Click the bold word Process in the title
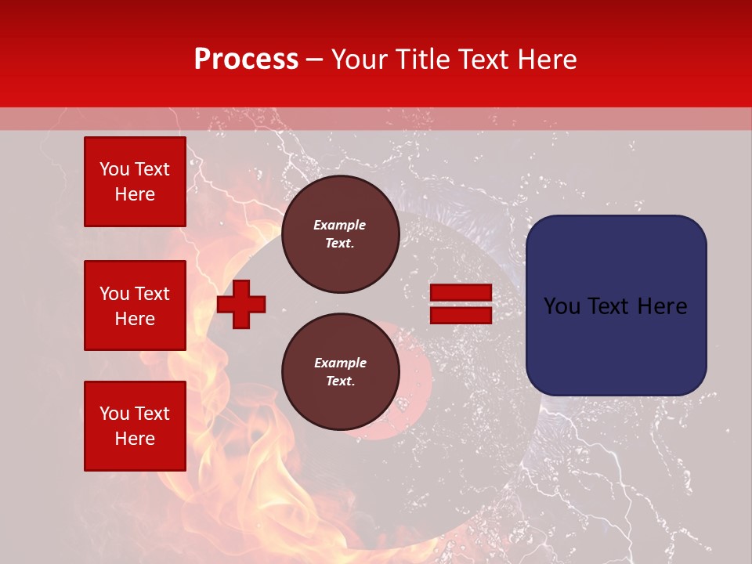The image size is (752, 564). (246, 59)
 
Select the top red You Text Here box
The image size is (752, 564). (135, 182)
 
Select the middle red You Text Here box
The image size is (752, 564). (135, 305)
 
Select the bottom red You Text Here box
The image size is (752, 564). (135, 425)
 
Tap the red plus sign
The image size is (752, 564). (241, 304)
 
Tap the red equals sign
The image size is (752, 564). (461, 304)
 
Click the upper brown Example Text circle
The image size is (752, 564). (340, 233)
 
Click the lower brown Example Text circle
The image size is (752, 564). (340, 371)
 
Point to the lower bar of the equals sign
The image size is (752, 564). (461, 315)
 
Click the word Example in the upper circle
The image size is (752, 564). (340, 225)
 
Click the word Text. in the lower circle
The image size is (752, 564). (340, 381)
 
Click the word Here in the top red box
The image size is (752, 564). (135, 194)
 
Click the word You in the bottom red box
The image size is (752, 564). (114, 413)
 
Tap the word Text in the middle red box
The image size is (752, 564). (152, 294)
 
